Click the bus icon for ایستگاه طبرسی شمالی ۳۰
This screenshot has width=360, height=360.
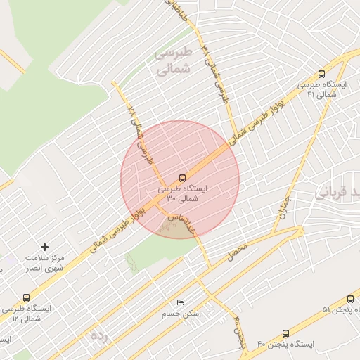tap(183, 178)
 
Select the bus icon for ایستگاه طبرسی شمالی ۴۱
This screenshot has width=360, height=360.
tap(322, 74)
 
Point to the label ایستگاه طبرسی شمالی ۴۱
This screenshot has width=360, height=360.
tap(323, 90)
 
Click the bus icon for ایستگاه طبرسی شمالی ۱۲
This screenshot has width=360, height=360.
tap(27, 297)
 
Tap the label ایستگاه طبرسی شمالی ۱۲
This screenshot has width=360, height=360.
tap(28, 314)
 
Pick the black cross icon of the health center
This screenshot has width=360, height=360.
tap(45, 247)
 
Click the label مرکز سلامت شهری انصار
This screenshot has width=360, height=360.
tap(44, 263)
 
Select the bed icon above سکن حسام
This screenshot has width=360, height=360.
tap(181, 303)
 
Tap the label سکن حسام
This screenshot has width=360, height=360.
tap(181, 314)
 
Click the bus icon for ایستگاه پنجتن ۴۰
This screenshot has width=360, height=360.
tap(285, 333)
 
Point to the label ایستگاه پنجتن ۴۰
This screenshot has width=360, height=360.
tap(288, 344)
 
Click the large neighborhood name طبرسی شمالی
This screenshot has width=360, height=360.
tap(172, 62)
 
